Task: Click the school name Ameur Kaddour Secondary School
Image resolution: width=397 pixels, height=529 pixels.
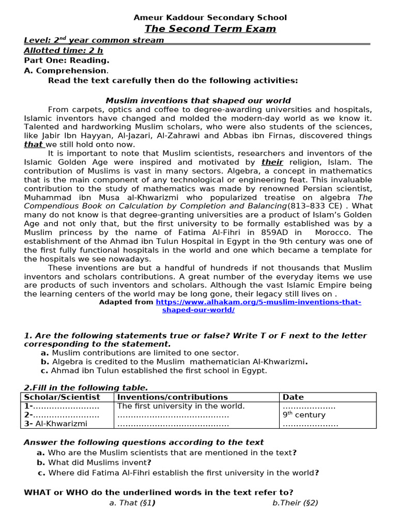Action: click(210, 18)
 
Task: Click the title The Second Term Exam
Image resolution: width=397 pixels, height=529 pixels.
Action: click(210, 29)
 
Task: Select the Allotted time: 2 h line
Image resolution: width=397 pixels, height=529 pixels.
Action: click(64, 51)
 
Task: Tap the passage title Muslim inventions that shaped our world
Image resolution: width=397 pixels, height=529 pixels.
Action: click(198, 101)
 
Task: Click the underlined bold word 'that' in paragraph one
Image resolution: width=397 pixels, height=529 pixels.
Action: click(34, 145)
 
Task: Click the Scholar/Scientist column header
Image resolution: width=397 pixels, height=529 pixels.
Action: click(62, 397)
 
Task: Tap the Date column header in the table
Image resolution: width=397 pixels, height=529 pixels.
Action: click(293, 397)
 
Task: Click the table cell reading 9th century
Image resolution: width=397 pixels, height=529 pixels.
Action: click(304, 415)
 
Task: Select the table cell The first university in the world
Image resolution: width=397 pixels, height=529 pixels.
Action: click(181, 406)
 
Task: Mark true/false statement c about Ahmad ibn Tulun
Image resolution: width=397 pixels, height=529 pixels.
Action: click(154, 370)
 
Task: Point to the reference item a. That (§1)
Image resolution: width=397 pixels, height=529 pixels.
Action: click(132, 502)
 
